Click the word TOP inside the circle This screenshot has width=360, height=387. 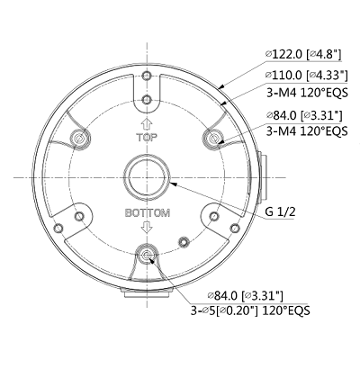coord(146,140)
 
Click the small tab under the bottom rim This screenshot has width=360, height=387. coord(146,292)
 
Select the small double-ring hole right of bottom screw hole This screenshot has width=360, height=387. coord(184,241)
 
